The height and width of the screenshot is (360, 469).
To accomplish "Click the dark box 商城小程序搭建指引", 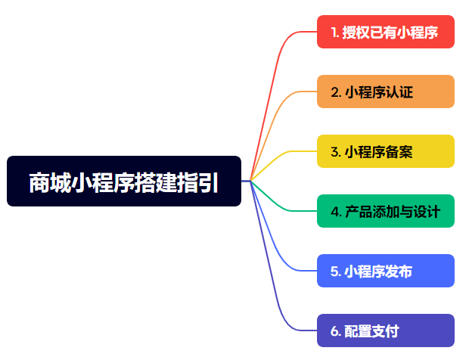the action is coord(124,181).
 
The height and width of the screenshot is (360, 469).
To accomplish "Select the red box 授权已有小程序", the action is coord(386,32).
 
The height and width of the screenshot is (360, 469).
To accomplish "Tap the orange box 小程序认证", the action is coord(386,92).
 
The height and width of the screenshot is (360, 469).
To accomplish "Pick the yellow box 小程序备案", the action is coord(386,151).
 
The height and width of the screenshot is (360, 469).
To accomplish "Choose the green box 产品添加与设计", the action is coord(386,211).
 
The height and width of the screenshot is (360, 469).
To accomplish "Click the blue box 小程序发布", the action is coord(386,271).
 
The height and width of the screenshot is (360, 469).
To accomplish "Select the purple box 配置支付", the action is coord(386,331).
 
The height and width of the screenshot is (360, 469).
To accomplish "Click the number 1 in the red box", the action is coord(334,33).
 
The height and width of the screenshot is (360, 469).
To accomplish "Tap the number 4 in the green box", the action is coord(334,212).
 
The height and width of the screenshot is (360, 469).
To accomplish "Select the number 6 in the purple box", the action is coord(334,331).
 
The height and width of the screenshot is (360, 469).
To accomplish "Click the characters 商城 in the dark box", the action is coord(50,182).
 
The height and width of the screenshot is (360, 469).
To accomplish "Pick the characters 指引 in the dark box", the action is coord(197,182).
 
